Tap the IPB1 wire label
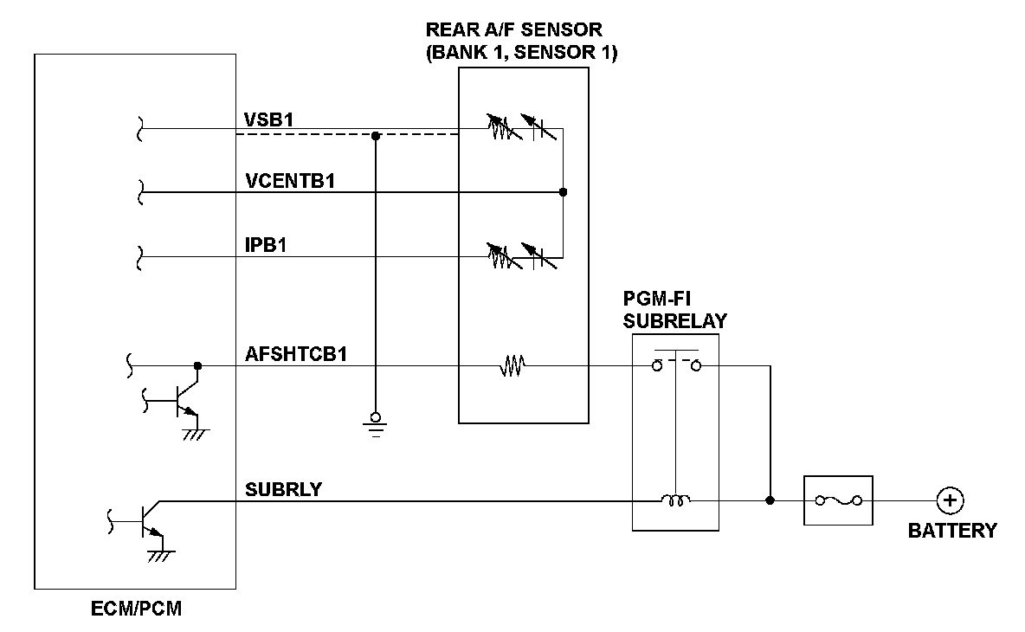[266, 246]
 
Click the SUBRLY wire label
[283, 489]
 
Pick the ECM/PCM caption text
[137, 609]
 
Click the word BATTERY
[951, 531]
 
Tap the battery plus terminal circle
[951, 500]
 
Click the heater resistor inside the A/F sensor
[512, 366]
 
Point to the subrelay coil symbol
[675, 500]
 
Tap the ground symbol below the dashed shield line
[375, 422]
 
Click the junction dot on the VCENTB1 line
[563, 192]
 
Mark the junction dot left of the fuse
[770, 500]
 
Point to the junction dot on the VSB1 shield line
[375, 136]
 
